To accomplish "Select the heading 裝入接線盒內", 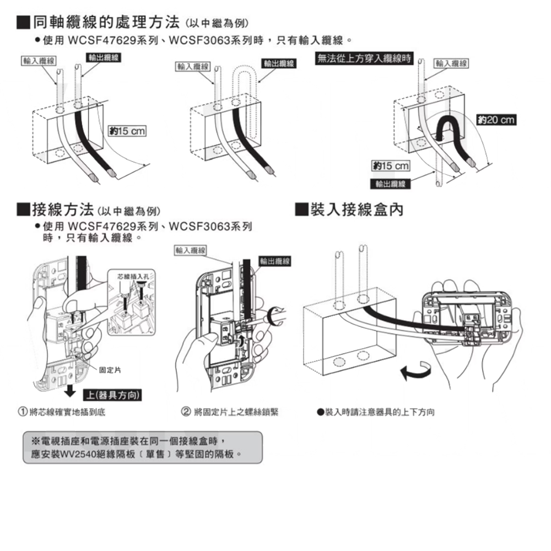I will (x=357, y=209).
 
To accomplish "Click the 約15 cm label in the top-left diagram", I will (x=127, y=131).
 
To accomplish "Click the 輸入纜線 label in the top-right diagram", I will (x=451, y=64).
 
